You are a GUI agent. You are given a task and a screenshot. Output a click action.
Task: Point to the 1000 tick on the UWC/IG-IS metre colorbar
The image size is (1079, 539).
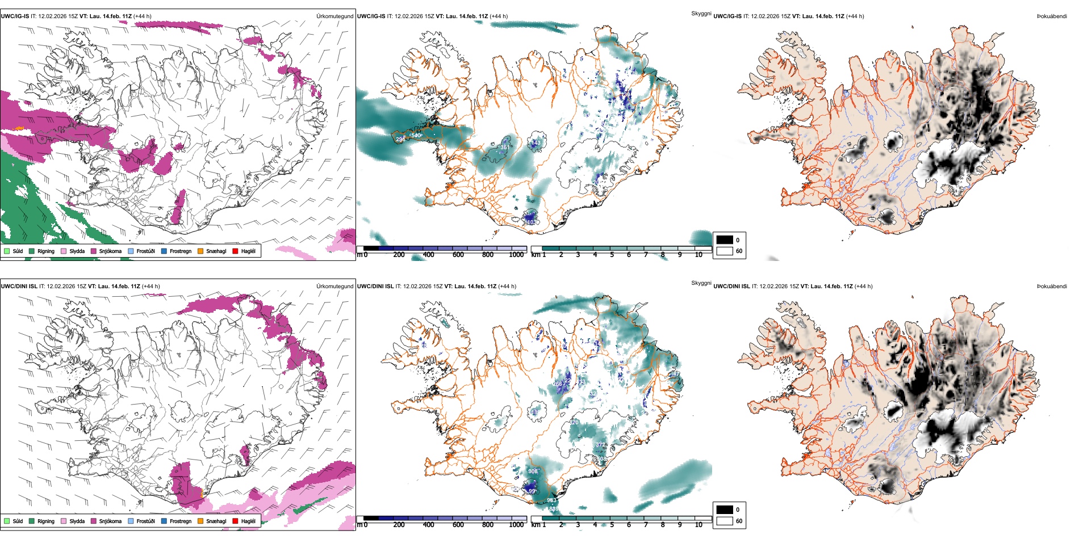tap(516, 255)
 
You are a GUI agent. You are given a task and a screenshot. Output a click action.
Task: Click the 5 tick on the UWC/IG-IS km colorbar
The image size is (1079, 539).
tap(612, 255)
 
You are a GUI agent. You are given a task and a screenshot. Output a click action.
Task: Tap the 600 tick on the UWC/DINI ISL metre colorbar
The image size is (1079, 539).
tap(458, 525)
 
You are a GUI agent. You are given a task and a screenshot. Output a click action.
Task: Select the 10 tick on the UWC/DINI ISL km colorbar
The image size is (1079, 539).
tap(699, 525)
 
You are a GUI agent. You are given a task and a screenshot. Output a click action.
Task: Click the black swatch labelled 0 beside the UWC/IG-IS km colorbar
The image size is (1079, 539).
tap(725, 240)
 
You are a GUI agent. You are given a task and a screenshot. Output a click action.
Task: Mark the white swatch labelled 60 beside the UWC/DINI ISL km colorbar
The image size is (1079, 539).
tap(725, 521)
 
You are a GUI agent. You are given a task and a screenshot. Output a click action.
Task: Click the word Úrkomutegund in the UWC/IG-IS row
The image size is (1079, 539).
tap(334, 16)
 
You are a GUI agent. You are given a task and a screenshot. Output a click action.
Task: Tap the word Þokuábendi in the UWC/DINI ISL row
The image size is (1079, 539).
tap(1052, 287)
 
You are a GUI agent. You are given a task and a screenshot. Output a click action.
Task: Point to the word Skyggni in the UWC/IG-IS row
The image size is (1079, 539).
tap(701, 14)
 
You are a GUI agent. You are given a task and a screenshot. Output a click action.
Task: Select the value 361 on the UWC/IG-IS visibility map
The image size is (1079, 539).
tap(504, 148)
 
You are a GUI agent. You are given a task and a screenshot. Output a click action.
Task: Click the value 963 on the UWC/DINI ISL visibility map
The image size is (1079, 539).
tap(551, 500)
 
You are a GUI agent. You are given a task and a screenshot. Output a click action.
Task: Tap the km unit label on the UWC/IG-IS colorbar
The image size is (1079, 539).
tap(536, 255)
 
